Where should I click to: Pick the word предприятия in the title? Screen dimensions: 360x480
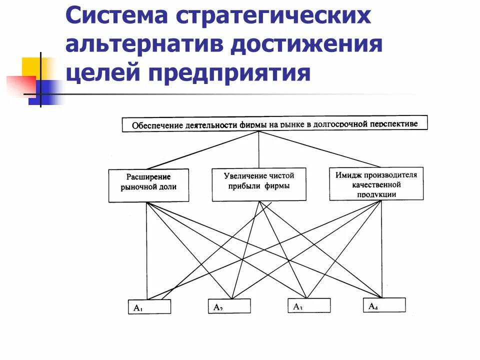pyautogui.click(x=228, y=74)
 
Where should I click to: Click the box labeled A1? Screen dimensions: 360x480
pyautogui.click(x=149, y=306)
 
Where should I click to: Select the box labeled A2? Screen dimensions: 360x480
pyautogui.click(x=229, y=306)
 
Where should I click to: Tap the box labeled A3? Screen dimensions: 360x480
pyautogui.click(x=308, y=305)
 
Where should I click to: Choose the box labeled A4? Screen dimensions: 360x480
pyautogui.click(x=384, y=305)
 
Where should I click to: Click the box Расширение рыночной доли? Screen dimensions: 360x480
pyautogui.click(x=148, y=185)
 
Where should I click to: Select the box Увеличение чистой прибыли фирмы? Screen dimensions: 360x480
pyautogui.click(x=259, y=184)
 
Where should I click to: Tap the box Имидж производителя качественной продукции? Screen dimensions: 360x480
pyautogui.click(x=376, y=183)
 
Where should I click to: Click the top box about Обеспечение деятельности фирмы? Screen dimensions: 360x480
pyautogui.click(x=275, y=123)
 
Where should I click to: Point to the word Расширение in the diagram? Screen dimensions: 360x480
pyautogui.click(x=148, y=177)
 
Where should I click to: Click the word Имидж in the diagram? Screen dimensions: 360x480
pyautogui.click(x=346, y=175)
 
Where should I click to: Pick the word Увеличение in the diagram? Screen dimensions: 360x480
pyautogui.click(x=245, y=176)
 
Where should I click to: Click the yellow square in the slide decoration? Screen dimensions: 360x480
pyautogui.click(x=35, y=67)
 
